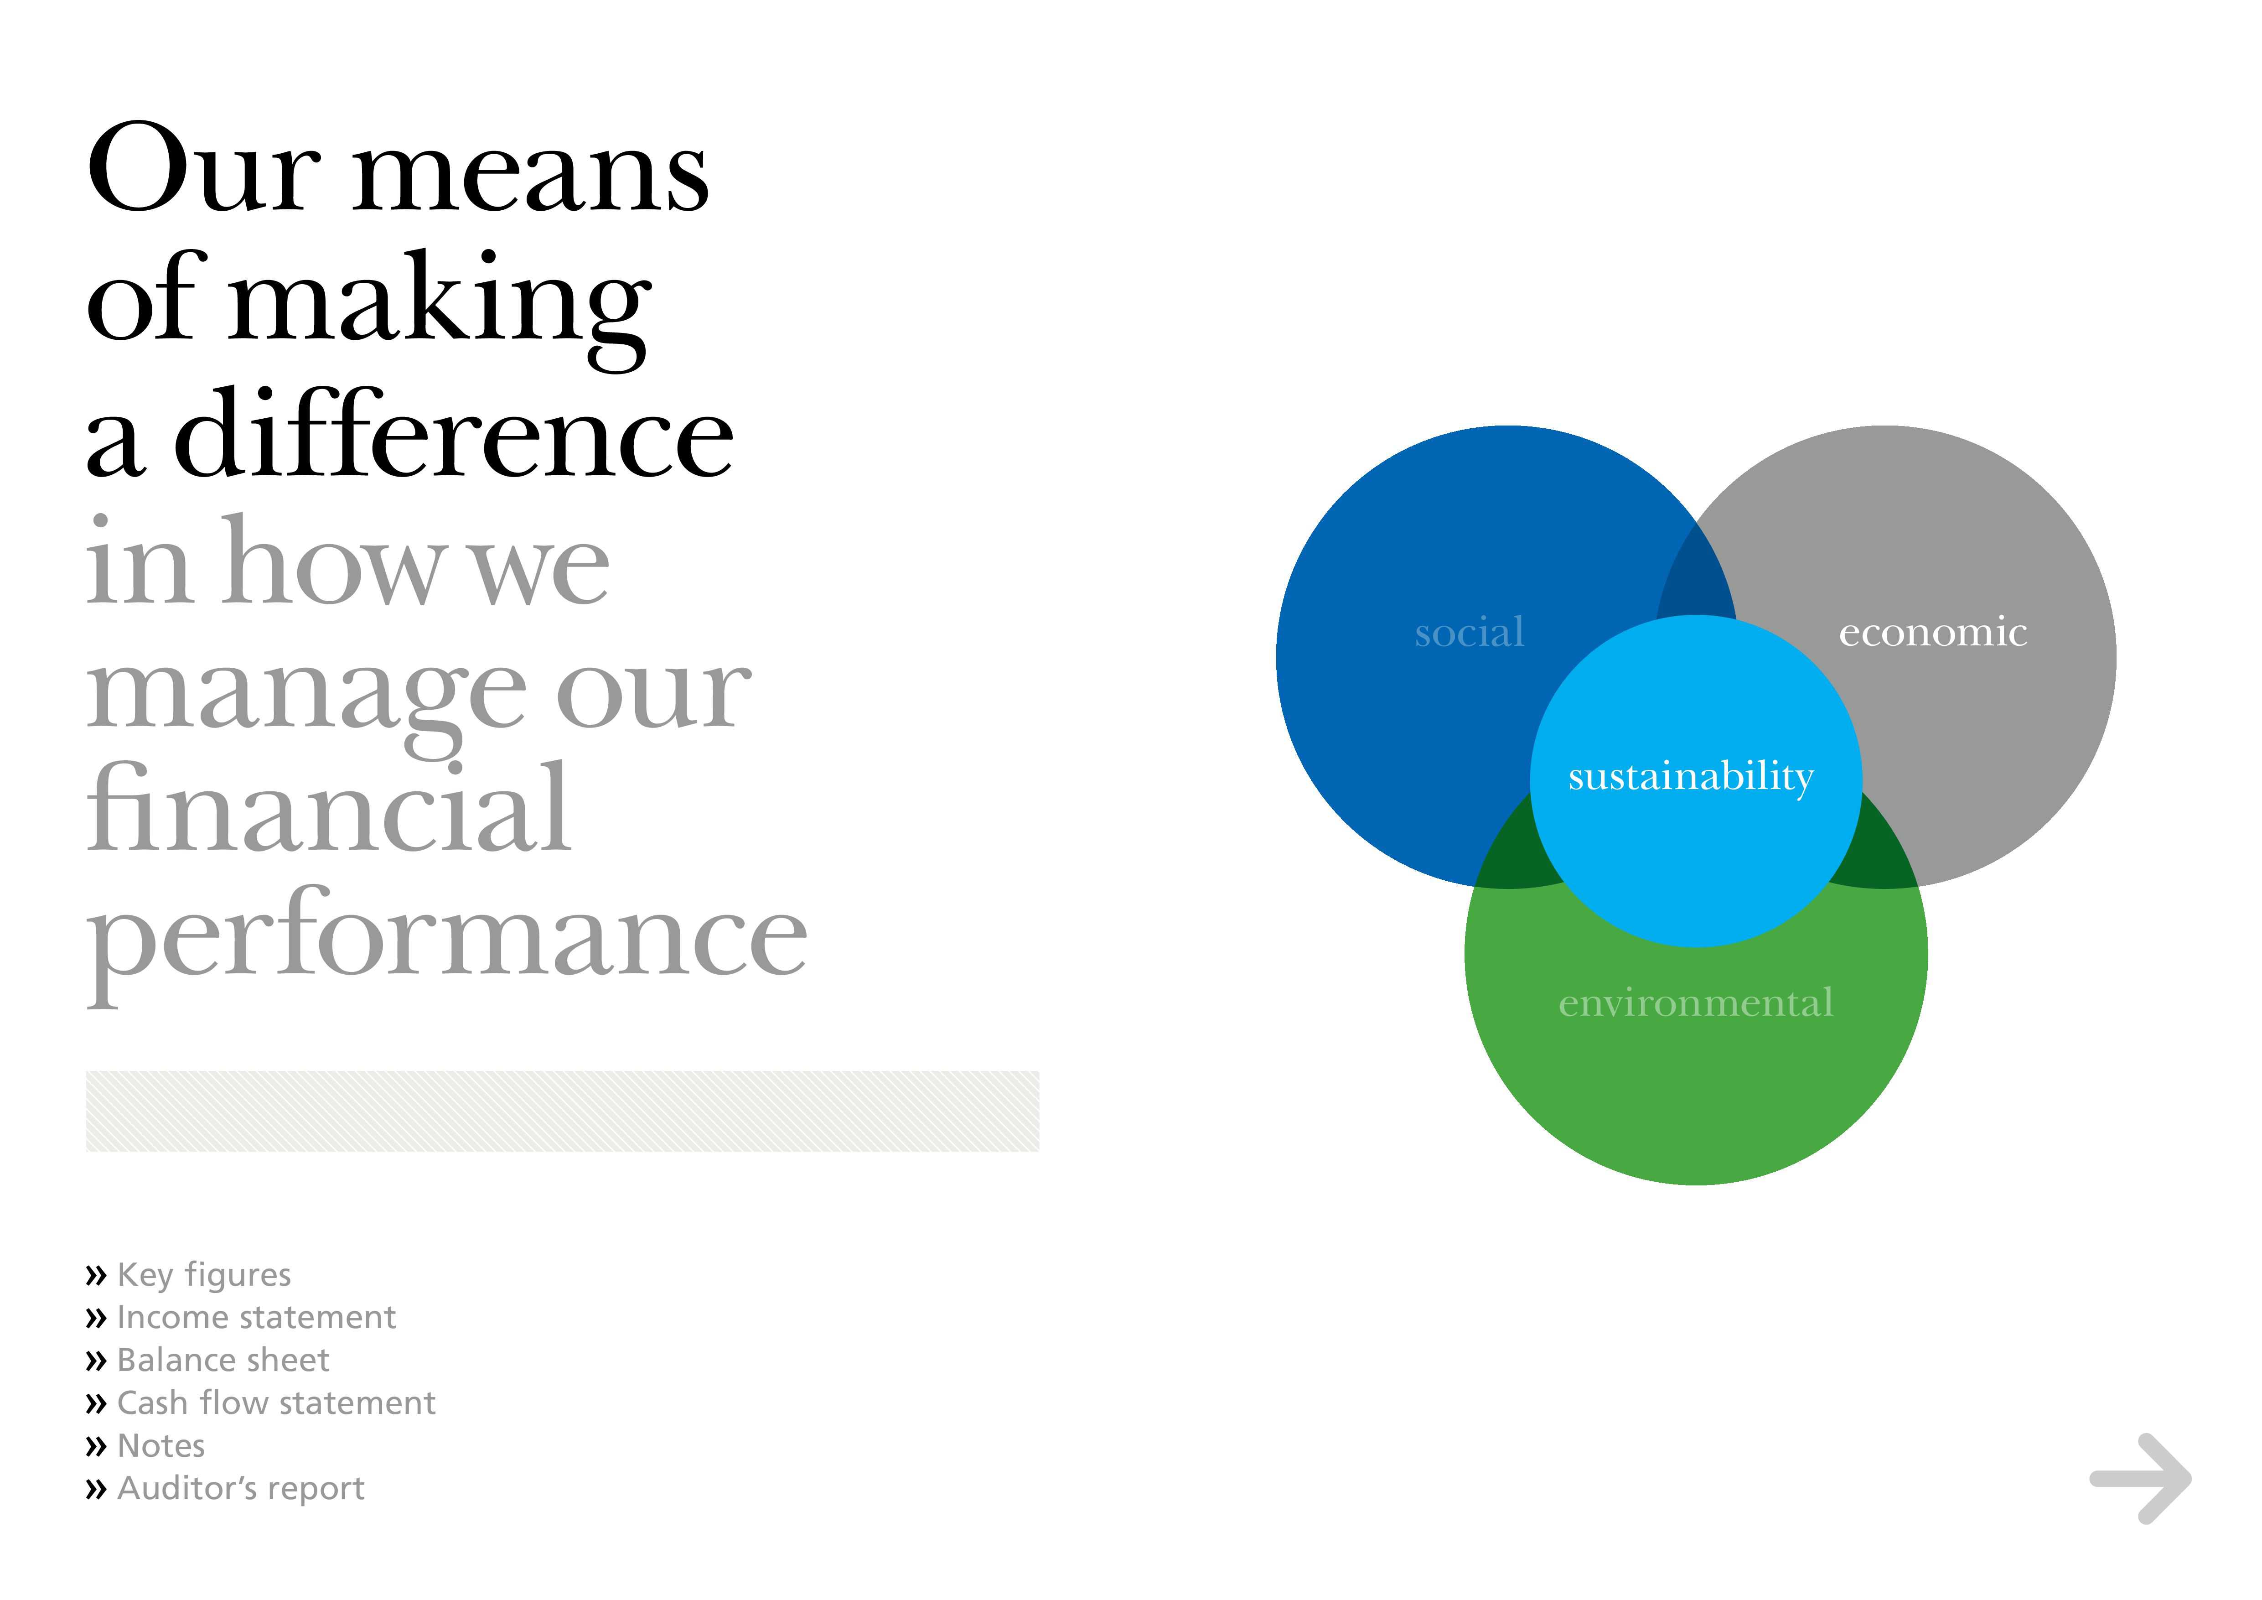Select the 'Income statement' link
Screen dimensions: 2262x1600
click(x=256, y=1317)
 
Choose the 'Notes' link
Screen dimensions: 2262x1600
click(x=160, y=1445)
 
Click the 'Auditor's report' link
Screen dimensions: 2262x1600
click(x=240, y=1489)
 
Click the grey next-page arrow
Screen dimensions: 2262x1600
click(x=2140, y=1479)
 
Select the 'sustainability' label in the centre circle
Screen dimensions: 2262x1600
click(x=1691, y=777)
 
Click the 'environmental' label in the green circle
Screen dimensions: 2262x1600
click(x=1696, y=1003)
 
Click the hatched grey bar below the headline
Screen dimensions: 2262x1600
click(x=563, y=1112)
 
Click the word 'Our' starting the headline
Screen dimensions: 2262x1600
click(x=205, y=167)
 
